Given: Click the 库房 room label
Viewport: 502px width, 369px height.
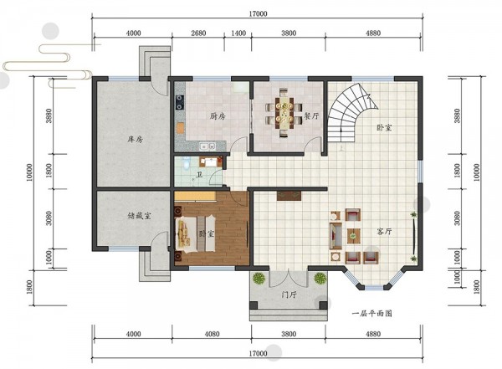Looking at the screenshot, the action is (135, 140).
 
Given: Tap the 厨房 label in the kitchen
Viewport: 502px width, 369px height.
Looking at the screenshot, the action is (218, 116).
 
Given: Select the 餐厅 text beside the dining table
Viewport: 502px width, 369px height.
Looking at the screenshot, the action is (311, 115).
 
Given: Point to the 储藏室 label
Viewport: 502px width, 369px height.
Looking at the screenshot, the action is (139, 216).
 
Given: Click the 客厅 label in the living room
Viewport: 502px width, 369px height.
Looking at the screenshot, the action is (384, 231).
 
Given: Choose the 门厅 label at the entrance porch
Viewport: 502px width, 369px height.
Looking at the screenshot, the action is (289, 295).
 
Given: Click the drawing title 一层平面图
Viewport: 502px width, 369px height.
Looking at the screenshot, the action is (372, 313).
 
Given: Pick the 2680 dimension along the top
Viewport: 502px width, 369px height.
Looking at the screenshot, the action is (198, 33).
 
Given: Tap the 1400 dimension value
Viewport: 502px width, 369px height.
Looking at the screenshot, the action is (238, 33).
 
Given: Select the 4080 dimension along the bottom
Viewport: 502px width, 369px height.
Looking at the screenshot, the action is (212, 334).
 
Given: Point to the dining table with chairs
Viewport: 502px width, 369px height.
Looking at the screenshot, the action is (284, 113).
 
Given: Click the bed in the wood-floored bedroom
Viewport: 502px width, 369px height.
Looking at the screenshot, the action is (195, 233).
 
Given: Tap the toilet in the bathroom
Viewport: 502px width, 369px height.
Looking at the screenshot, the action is (186, 162).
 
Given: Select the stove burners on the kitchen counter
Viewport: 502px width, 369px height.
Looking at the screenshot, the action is (180, 101).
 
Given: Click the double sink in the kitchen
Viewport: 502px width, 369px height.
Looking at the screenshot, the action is (207, 146).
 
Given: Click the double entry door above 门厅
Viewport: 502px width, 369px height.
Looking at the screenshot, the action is (289, 278).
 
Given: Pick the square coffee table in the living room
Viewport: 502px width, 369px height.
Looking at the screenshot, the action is (353, 236).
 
